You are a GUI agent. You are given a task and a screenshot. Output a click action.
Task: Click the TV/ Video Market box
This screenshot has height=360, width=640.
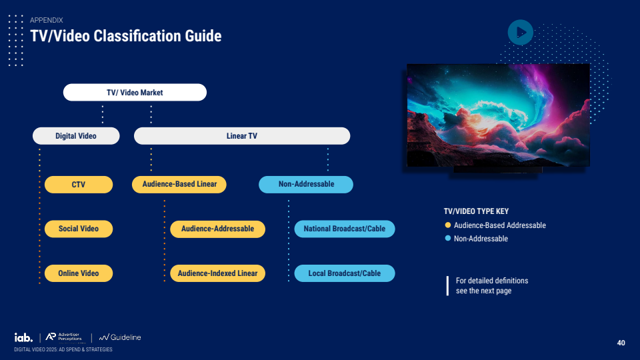pos(135,93)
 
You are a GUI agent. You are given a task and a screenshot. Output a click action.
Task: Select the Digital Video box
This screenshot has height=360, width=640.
pos(76,136)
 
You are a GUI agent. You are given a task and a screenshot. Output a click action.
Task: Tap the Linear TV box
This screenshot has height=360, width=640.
pos(242,136)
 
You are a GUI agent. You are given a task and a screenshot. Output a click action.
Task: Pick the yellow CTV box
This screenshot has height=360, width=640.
pos(79,185)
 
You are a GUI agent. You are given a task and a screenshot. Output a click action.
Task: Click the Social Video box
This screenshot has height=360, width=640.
pos(79,229)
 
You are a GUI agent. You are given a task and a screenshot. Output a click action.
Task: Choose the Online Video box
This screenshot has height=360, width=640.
pos(79,273)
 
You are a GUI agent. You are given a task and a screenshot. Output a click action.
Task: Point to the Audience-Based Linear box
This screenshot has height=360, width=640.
pos(179,184)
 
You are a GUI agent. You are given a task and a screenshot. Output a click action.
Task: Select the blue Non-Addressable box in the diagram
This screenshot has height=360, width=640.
pos(306,184)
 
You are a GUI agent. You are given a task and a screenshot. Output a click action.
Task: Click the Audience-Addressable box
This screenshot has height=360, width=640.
pos(217,229)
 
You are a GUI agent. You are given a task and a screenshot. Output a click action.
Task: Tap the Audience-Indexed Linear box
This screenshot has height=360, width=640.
pos(217,273)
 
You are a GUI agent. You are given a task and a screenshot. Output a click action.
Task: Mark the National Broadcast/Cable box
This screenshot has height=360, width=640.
pos(345,229)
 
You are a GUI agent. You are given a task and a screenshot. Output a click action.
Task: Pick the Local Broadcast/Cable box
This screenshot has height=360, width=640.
pos(345,273)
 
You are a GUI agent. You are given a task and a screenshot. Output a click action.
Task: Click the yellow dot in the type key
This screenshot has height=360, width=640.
pos(448,225)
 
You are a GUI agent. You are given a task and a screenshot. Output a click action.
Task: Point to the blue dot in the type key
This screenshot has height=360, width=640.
pos(448,239)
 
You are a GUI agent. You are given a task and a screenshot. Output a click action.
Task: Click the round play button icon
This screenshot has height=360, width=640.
pos(520,32)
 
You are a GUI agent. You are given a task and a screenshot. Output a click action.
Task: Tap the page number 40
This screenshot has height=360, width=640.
pos(621,343)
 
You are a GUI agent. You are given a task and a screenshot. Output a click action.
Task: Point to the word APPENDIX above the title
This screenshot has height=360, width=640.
pos(47,21)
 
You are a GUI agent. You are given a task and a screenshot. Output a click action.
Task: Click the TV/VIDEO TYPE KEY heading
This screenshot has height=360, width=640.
pos(476,211)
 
